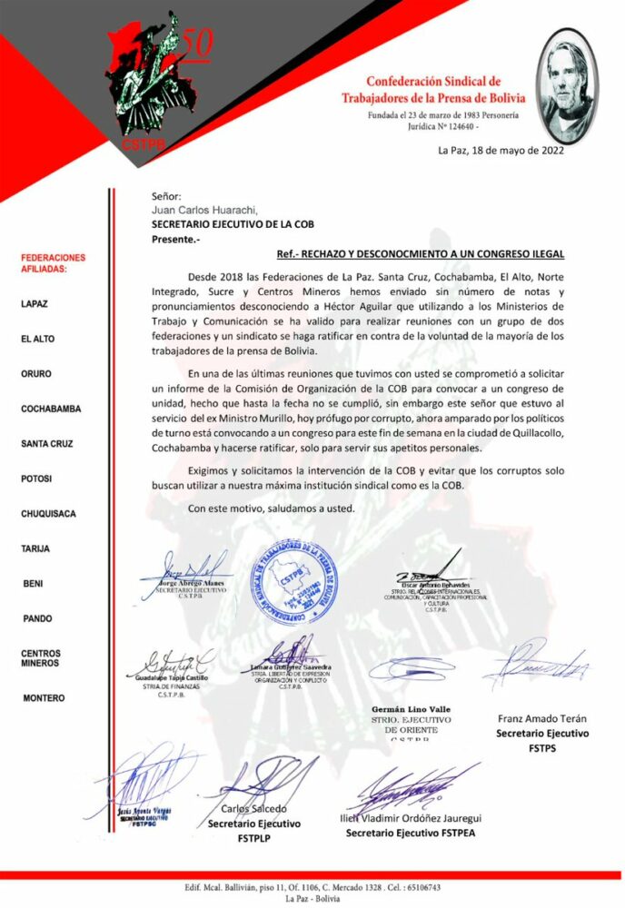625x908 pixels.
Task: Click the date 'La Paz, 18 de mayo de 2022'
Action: (x=501, y=151)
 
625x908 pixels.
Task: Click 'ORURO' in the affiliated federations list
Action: (x=37, y=373)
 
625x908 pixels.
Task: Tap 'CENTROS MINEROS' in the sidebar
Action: (x=42, y=658)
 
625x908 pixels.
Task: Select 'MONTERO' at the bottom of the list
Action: (x=44, y=698)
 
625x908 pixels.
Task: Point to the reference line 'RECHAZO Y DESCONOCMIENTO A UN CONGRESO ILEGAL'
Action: (x=421, y=254)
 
